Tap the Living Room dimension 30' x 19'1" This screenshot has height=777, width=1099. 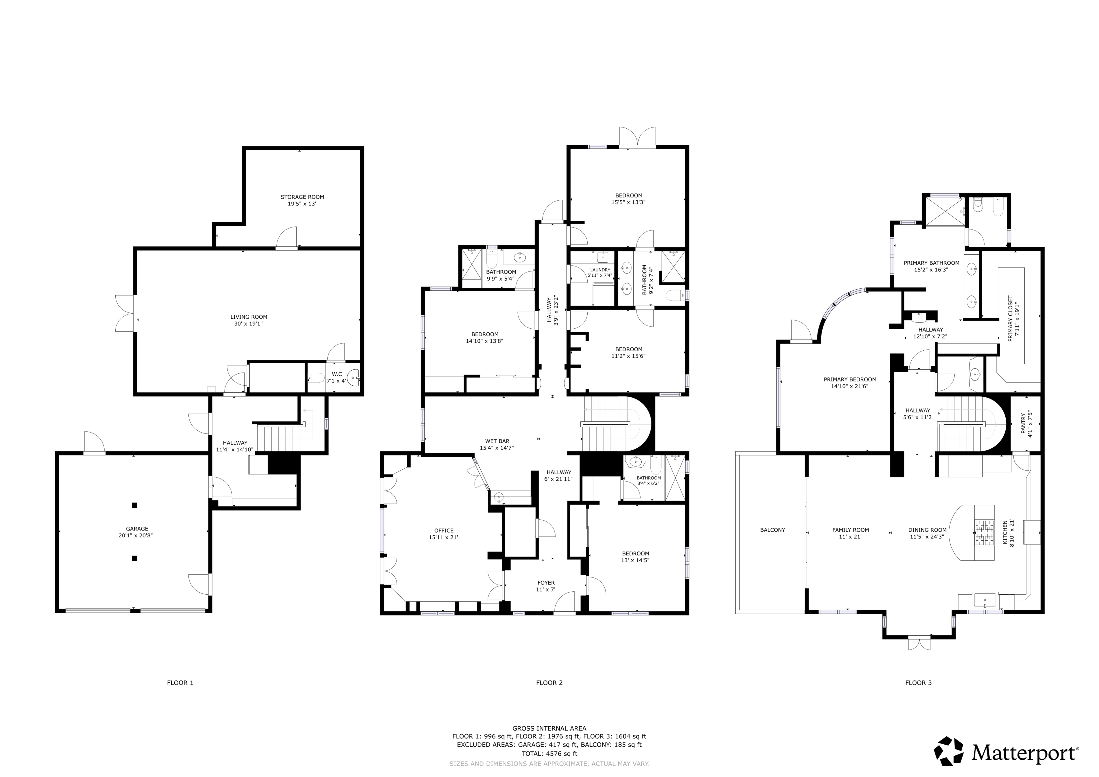pos(249,324)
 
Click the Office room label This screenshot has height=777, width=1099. pos(444,530)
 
